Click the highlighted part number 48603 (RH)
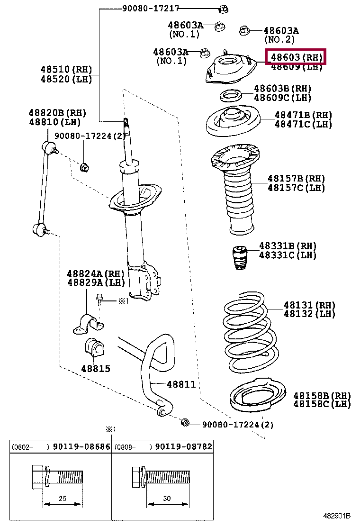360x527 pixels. (x=296, y=58)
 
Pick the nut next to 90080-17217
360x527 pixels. (x=225, y=8)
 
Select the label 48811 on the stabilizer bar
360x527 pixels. (x=181, y=384)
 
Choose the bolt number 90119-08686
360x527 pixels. (x=81, y=446)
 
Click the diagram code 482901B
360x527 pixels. (x=337, y=516)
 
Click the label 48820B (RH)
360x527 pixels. (x=57, y=113)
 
